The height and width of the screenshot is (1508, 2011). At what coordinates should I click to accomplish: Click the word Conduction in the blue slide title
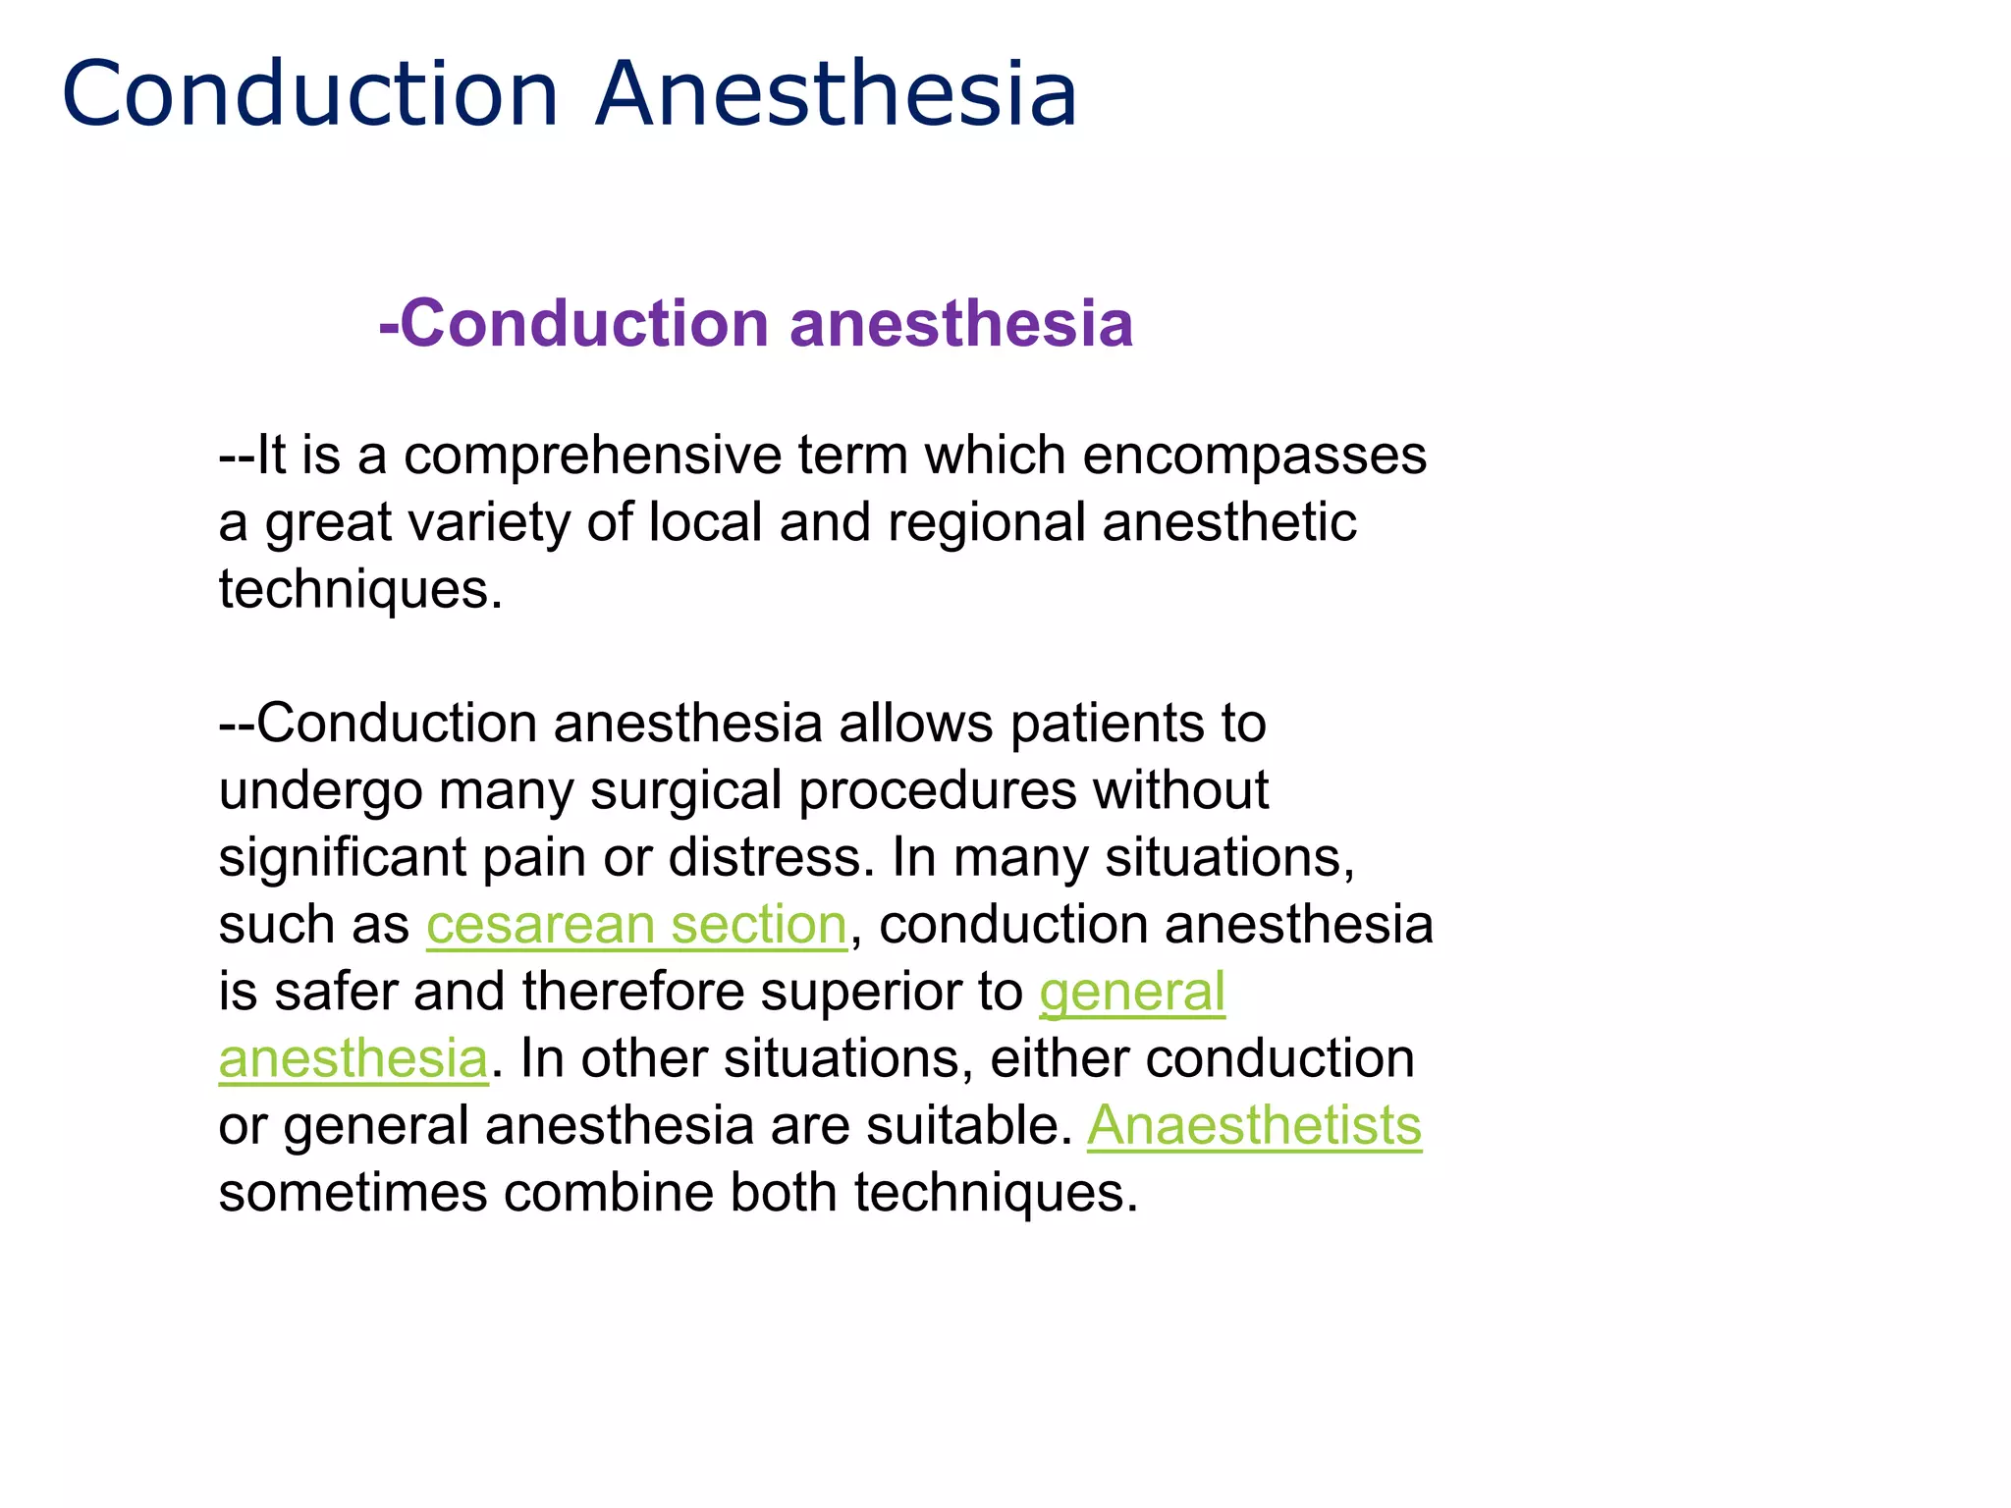(x=310, y=94)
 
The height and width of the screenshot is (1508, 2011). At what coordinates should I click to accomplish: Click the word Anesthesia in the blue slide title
(x=837, y=94)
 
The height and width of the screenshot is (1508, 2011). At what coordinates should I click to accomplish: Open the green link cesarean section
(x=636, y=925)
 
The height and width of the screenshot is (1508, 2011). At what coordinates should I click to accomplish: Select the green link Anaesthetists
(x=1254, y=1125)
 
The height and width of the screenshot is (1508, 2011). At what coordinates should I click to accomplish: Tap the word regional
(x=986, y=522)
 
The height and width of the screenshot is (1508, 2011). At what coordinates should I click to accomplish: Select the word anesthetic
(x=1228, y=522)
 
